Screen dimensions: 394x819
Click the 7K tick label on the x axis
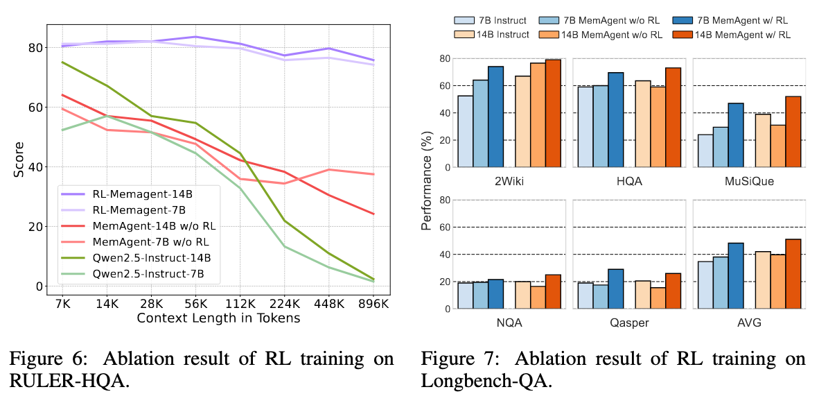coord(62,303)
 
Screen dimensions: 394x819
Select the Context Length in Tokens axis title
coord(219,318)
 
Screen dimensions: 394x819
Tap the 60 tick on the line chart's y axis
coord(35,108)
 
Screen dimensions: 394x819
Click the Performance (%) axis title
coord(428,182)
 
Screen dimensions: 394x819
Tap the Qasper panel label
coord(627,322)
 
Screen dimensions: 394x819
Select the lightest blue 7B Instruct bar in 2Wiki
coord(465,131)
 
